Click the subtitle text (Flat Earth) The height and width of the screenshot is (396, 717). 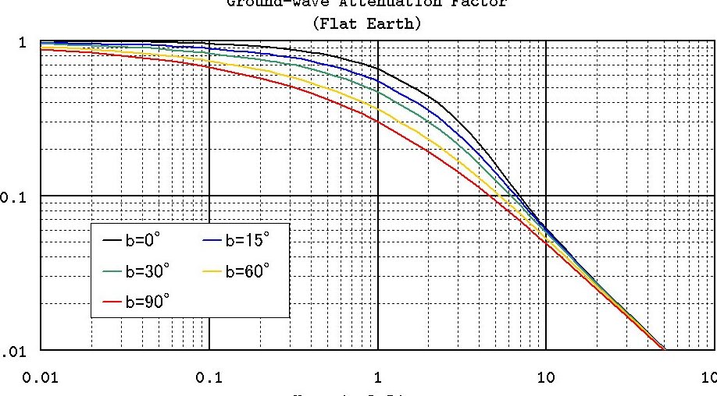[366, 23]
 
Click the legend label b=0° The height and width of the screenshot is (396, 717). [144, 241]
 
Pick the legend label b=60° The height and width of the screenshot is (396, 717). [248, 270]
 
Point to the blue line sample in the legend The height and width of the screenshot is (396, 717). [212, 242]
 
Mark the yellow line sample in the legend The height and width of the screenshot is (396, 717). [212, 271]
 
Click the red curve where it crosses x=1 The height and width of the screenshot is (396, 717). [378, 121]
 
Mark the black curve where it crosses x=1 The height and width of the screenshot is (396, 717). [378, 66]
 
